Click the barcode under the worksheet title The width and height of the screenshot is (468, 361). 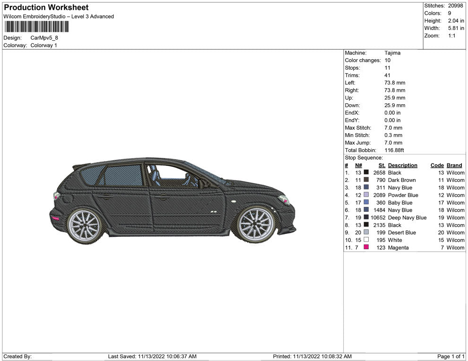(36, 27)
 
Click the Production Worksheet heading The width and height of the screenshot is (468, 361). (46, 8)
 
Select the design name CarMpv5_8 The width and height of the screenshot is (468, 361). (44, 38)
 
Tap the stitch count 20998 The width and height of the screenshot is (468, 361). (455, 6)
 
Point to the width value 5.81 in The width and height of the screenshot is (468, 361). (456, 28)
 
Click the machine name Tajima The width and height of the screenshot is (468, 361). (392, 53)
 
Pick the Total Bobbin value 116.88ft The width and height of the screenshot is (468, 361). (394, 150)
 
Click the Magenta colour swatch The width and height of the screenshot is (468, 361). (366, 247)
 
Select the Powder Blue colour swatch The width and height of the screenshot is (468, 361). (366, 195)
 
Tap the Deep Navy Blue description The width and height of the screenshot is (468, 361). (407, 218)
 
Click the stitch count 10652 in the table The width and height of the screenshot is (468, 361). (378, 218)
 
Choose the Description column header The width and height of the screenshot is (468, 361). (403, 165)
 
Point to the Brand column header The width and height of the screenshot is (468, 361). (454, 165)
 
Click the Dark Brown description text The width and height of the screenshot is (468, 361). (402, 180)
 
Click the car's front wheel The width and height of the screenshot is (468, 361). (256, 224)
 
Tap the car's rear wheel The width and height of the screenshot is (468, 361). (85, 226)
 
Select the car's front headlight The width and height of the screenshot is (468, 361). (284, 199)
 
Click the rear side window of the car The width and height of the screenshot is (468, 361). (123, 175)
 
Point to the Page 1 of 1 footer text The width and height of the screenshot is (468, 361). (451, 356)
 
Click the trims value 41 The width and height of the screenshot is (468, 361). (387, 75)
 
